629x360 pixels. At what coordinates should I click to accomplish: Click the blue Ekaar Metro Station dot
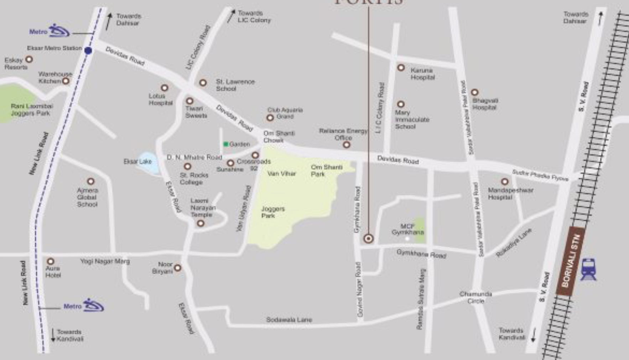(88, 50)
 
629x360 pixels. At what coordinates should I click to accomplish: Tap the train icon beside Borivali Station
(588, 269)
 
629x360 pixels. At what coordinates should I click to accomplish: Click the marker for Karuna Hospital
(401, 67)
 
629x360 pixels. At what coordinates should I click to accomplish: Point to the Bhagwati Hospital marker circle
(474, 92)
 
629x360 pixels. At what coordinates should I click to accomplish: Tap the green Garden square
(226, 144)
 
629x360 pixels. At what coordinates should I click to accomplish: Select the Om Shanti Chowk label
(279, 137)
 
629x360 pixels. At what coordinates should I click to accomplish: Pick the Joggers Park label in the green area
(273, 212)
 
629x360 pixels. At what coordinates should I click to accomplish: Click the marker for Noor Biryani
(177, 268)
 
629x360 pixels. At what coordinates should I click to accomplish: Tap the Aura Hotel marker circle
(51, 262)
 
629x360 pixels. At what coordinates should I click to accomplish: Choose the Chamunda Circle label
(475, 297)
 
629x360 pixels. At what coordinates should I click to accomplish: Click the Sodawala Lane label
(289, 320)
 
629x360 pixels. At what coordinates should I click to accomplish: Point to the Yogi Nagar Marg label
(105, 261)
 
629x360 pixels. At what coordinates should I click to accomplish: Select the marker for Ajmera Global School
(91, 181)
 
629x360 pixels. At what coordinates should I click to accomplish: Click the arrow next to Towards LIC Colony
(232, 16)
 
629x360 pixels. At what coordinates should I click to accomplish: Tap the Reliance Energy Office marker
(346, 144)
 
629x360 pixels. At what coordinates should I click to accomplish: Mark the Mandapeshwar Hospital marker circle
(504, 182)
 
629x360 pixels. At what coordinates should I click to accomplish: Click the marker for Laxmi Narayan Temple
(201, 223)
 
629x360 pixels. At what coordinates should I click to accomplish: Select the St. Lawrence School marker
(203, 83)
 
